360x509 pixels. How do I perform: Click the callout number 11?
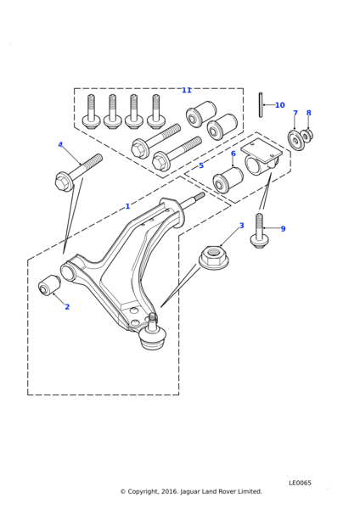(x=187, y=90)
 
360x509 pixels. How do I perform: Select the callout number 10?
(x=279, y=105)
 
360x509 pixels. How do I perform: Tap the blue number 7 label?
(x=295, y=113)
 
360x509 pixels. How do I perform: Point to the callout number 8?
(x=309, y=113)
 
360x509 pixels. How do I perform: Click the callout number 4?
(x=60, y=144)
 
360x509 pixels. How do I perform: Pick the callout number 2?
(x=67, y=307)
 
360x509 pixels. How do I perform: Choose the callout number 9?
(x=283, y=229)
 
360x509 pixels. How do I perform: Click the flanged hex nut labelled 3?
(x=211, y=258)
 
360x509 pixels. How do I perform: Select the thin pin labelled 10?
(x=261, y=105)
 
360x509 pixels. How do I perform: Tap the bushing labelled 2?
(x=49, y=285)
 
